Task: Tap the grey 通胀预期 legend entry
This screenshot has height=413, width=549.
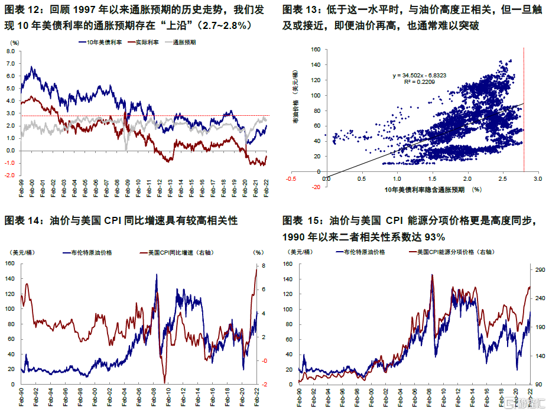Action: point(185,43)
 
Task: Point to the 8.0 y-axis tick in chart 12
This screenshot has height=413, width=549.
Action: point(10,51)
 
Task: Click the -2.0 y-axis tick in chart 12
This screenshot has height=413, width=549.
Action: point(9,175)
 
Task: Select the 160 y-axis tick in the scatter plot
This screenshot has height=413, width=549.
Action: point(316,50)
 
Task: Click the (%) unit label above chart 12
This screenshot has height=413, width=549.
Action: point(15,43)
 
